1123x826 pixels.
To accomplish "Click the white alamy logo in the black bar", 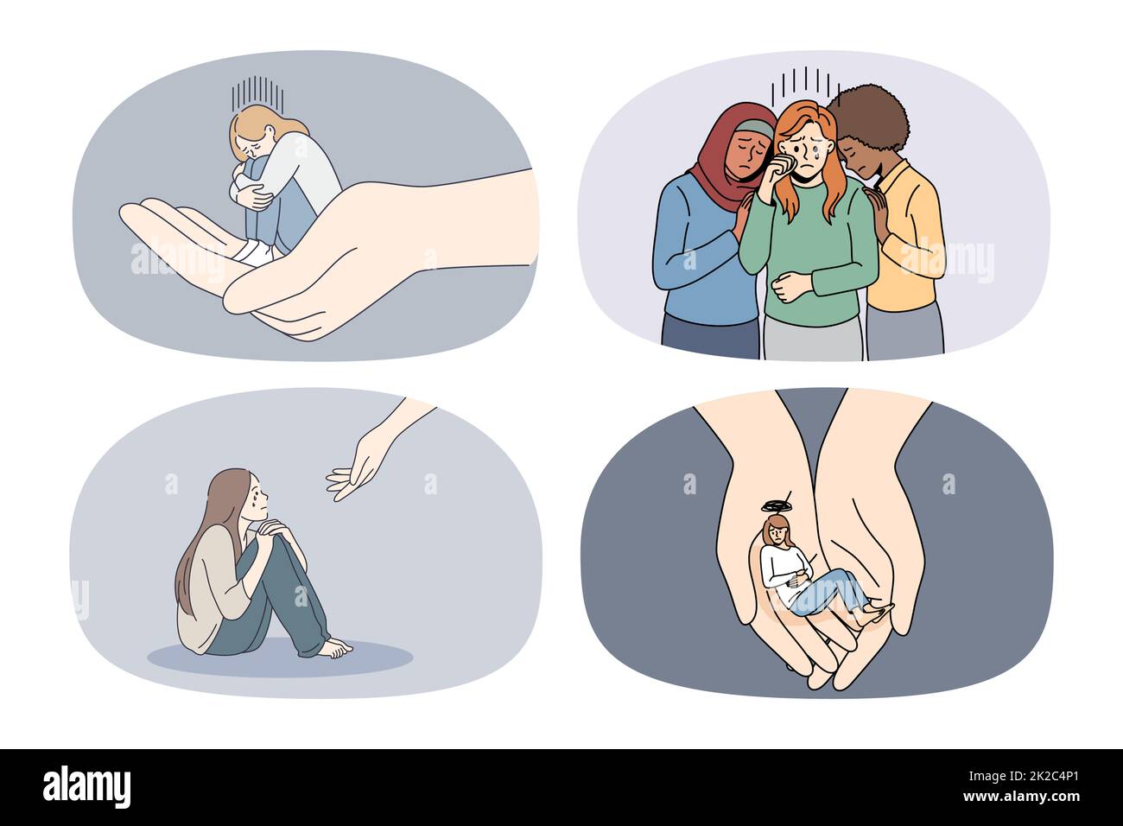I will [x=86, y=787].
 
